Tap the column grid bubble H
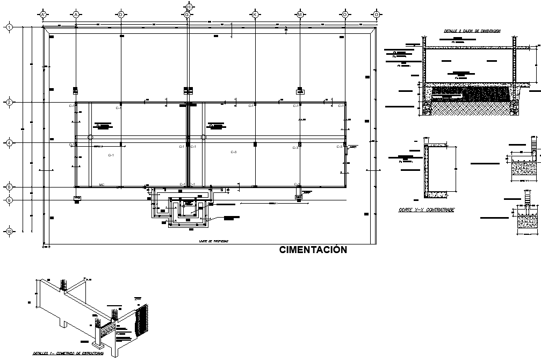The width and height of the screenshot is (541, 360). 189,6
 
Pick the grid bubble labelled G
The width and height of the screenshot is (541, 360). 187,14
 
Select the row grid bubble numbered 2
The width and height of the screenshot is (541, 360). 9,102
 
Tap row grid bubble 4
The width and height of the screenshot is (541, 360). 9,143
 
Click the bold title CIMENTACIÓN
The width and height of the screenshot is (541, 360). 313,250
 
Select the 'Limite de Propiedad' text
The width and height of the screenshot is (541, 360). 213,242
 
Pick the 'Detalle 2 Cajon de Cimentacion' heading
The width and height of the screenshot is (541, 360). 472,31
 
